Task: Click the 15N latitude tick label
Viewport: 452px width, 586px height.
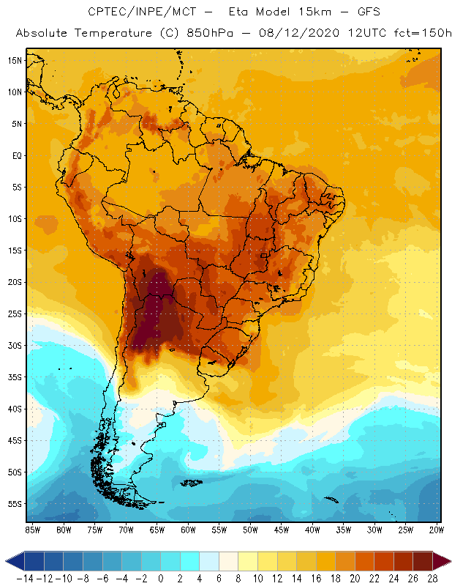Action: click(15, 60)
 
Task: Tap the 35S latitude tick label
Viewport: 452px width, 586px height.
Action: click(15, 377)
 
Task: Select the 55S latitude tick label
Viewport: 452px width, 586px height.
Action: click(15, 504)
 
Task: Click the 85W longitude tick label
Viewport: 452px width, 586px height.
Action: click(32, 530)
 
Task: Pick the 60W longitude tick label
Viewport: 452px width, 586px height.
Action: click(188, 530)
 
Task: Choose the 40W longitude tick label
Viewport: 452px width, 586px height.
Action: click(312, 530)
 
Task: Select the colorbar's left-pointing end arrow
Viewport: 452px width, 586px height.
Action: click(13, 561)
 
